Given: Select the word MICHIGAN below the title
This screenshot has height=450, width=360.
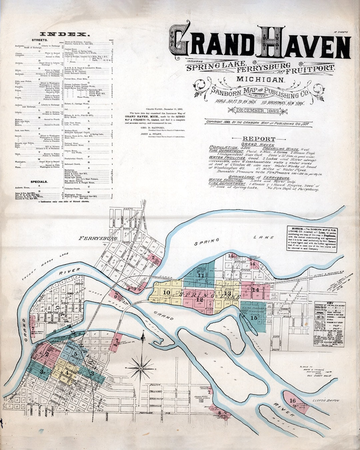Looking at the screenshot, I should [260, 79].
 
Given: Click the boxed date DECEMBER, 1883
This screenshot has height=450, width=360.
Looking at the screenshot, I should [258, 111].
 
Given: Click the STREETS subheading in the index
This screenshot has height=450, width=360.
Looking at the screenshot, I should [40, 40].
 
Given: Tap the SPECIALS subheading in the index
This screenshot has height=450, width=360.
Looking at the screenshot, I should [39, 182].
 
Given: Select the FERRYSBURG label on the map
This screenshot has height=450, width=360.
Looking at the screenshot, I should [98, 238].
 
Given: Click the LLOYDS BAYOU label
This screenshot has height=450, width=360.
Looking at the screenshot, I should [326, 400].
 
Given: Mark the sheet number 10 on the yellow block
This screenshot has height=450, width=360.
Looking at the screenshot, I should [166, 292].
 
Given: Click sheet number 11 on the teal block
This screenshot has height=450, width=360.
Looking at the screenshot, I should [201, 275].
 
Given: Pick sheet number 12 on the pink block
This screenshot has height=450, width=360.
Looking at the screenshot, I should [199, 300].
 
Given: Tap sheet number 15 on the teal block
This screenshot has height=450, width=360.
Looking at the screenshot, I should [254, 318].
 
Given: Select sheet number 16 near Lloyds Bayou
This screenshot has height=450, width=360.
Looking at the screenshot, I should [292, 400].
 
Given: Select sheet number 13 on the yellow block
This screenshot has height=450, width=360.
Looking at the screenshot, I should [227, 293].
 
